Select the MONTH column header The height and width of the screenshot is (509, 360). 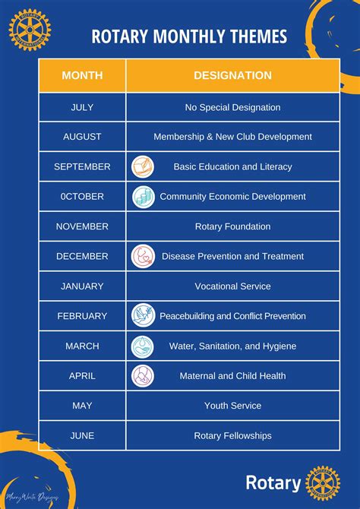(x=82, y=75)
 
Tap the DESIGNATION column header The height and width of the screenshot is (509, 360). (x=232, y=75)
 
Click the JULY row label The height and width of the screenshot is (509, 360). (x=82, y=107)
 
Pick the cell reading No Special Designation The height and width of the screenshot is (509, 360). (x=232, y=107)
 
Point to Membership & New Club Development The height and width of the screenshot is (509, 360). (x=232, y=137)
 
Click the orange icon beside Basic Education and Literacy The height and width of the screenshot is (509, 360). (x=143, y=166)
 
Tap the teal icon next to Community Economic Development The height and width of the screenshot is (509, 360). (x=143, y=197)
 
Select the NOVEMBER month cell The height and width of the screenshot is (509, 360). (x=82, y=226)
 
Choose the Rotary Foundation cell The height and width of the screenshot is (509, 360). (x=232, y=226)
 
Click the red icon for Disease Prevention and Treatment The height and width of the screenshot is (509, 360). (x=143, y=256)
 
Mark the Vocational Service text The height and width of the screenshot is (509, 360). (x=232, y=286)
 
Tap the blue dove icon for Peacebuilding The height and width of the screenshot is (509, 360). (x=143, y=315)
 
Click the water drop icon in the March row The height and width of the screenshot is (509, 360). (x=143, y=346)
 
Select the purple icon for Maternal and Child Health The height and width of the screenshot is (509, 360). (x=143, y=375)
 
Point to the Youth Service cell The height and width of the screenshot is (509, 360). (x=232, y=406)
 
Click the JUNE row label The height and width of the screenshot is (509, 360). (x=82, y=435)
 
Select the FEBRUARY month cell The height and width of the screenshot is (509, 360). (x=82, y=316)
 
